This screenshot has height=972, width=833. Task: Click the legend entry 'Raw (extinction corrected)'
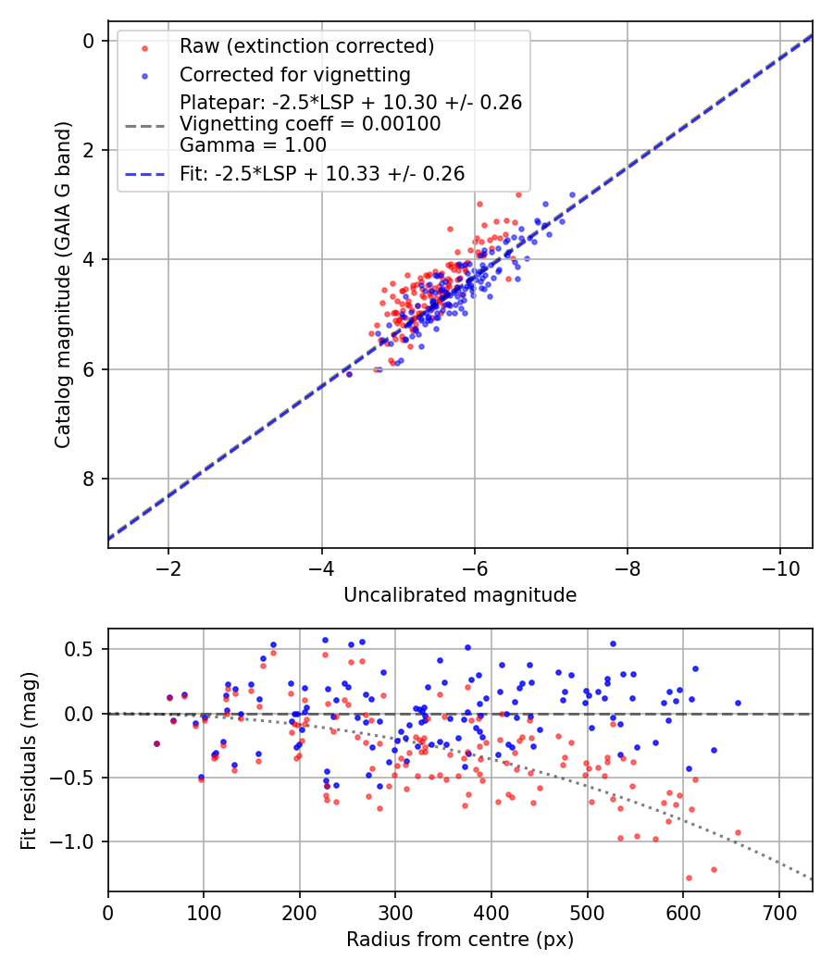point(306,46)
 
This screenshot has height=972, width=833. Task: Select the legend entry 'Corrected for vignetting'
point(294,74)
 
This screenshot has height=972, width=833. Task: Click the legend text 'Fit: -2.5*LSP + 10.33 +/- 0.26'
point(322,173)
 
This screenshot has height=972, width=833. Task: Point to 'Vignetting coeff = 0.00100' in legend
point(310,124)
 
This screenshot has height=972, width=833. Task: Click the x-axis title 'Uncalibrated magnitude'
point(460,595)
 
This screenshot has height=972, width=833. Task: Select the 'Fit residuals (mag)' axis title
point(29,761)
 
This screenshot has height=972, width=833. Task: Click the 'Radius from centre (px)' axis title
point(460,940)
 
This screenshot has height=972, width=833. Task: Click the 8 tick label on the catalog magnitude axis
point(89,479)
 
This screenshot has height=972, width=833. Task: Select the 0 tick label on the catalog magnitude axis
point(89,41)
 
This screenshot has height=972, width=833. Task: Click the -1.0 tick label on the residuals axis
point(77,841)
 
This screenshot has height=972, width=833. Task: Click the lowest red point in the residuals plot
point(689,878)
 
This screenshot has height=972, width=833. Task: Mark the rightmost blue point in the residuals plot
point(738,703)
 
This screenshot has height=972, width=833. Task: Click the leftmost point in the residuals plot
point(156,743)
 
